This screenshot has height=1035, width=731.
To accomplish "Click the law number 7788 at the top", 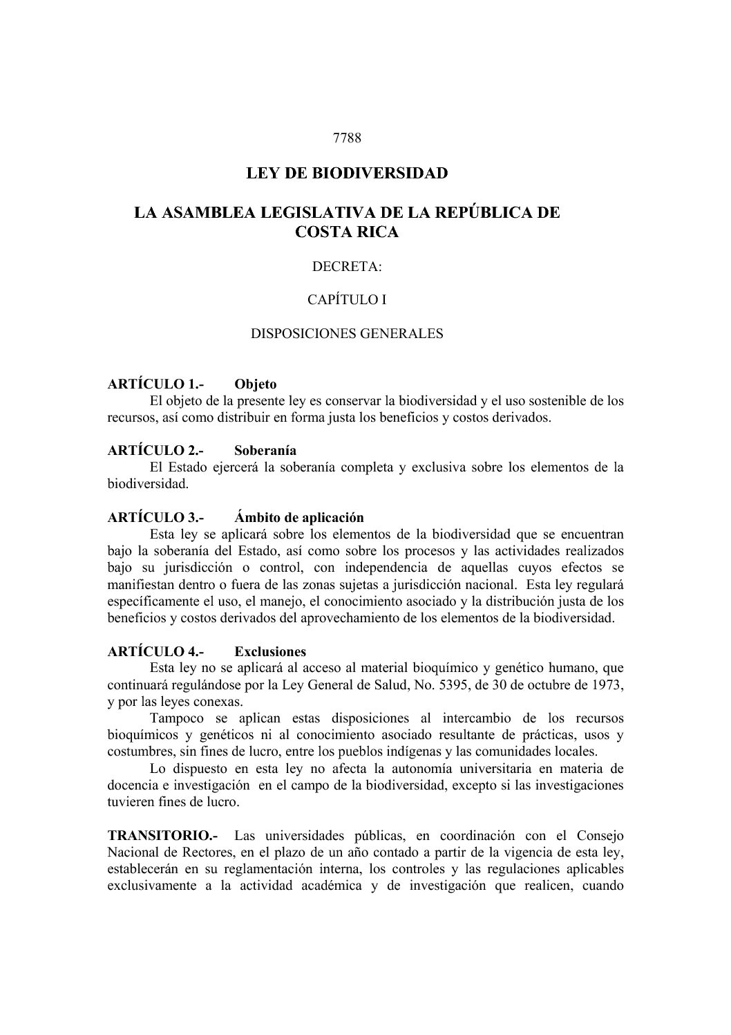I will [347, 137].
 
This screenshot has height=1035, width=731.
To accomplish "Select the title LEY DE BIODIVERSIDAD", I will [347, 173].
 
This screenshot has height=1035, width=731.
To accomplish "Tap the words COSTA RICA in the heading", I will [347, 232].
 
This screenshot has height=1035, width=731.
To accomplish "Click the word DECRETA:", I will [347, 266].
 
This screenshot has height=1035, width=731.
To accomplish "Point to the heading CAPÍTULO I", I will [347, 300].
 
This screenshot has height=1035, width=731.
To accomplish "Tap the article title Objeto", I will [255, 384].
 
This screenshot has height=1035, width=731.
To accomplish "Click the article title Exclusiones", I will [270, 652].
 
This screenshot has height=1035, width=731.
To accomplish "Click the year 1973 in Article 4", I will [609, 685].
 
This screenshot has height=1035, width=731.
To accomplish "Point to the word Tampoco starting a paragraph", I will [173, 718].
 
